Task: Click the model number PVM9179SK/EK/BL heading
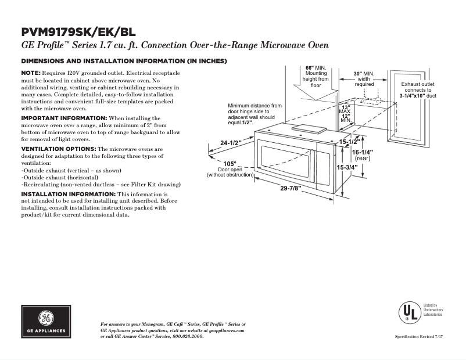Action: pyautogui.click(x=78, y=32)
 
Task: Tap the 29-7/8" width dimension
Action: pyautogui.click(x=291, y=188)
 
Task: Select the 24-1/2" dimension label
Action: pyautogui.click(x=231, y=143)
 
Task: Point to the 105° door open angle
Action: pyautogui.click(x=230, y=163)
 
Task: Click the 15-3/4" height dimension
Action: pyautogui.click(x=347, y=167)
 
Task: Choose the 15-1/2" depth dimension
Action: pyautogui.click(x=350, y=141)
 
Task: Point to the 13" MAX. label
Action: pyautogui.click(x=346, y=109)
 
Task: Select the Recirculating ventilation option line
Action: pyautogui.click(x=101, y=184)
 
